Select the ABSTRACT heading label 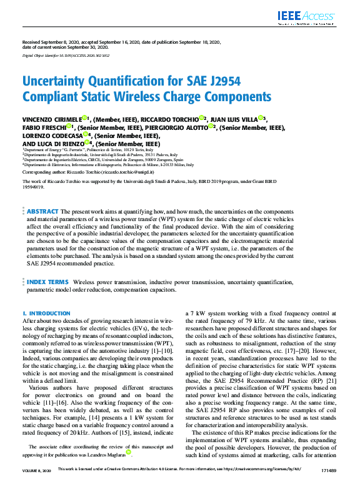click(x=43, y=212)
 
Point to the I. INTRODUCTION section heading click(x=46, y=314)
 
